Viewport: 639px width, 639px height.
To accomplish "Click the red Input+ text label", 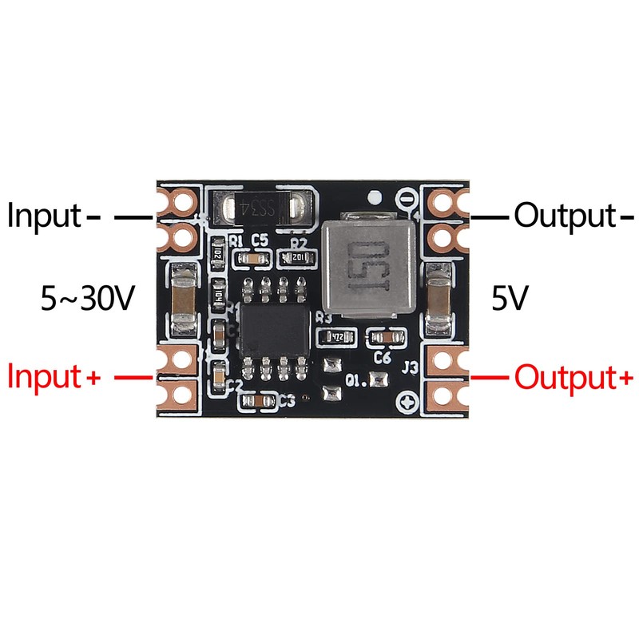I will click(54, 376).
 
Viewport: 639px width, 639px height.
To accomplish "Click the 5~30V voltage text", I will click(87, 300).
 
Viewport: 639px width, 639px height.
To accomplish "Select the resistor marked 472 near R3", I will click(337, 338).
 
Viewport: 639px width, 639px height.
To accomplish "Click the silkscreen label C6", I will click(382, 359).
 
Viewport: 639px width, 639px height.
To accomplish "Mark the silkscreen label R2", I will click(299, 241).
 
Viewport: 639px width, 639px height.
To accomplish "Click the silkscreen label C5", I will click(259, 240).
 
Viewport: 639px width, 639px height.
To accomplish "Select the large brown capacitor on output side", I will click(438, 302).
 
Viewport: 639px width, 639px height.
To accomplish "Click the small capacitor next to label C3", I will click(258, 400).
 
